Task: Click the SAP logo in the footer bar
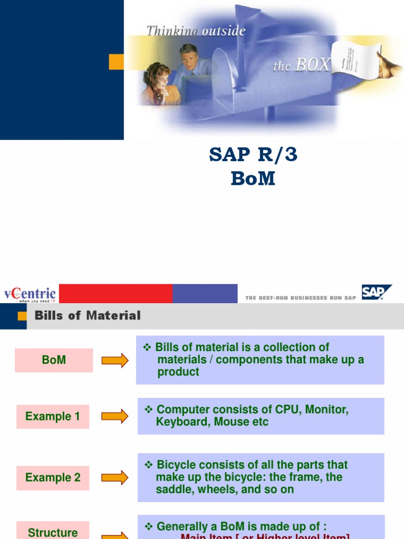click(x=376, y=292)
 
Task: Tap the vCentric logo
click(x=29, y=294)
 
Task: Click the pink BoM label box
click(x=54, y=361)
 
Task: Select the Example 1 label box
click(x=53, y=416)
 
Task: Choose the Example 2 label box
click(x=53, y=477)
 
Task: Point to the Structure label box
click(x=53, y=531)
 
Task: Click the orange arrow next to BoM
click(x=115, y=361)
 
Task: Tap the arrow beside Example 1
click(x=115, y=416)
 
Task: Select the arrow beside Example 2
click(x=115, y=477)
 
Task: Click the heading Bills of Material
click(x=87, y=316)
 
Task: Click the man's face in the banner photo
click(x=188, y=56)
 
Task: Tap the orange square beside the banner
click(x=116, y=62)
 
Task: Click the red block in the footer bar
click(x=116, y=293)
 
